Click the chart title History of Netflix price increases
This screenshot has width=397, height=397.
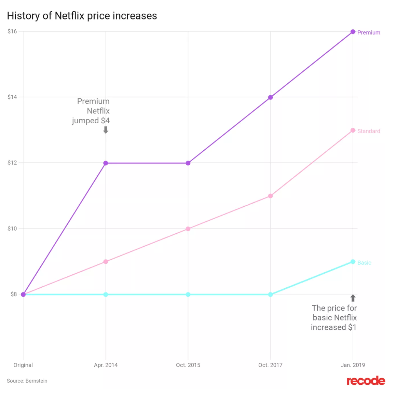[82, 16]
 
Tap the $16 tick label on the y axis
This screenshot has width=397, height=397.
[12, 31]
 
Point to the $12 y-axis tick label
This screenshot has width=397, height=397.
[12, 163]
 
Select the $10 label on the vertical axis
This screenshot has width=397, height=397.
[12, 229]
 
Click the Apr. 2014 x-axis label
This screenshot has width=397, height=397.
[106, 365]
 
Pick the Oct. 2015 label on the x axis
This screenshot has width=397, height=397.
[188, 365]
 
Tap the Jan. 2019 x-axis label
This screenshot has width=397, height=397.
[353, 365]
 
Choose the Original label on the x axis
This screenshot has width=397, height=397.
[23, 365]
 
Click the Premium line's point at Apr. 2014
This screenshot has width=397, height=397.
[106, 163]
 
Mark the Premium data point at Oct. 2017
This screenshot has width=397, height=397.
[270, 97]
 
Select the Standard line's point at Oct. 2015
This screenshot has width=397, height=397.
[188, 229]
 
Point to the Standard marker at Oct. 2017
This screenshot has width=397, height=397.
[270, 196]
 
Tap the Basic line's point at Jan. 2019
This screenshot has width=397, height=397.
[353, 262]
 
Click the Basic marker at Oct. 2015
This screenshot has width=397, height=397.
[188, 295]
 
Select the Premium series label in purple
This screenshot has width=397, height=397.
[369, 32]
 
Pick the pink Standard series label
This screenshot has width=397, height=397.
[369, 131]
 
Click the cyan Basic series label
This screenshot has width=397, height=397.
[364, 263]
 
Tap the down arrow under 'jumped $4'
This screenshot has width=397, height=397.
[106, 130]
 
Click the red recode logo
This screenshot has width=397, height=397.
[366, 381]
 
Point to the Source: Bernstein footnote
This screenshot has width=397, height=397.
[27, 381]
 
